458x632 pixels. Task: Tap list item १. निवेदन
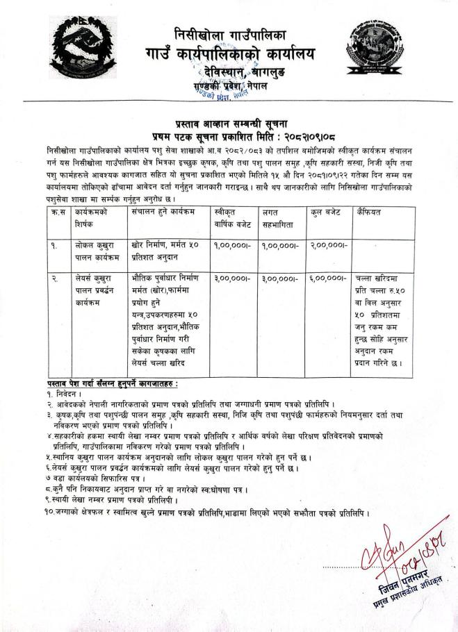tap(63, 393)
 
